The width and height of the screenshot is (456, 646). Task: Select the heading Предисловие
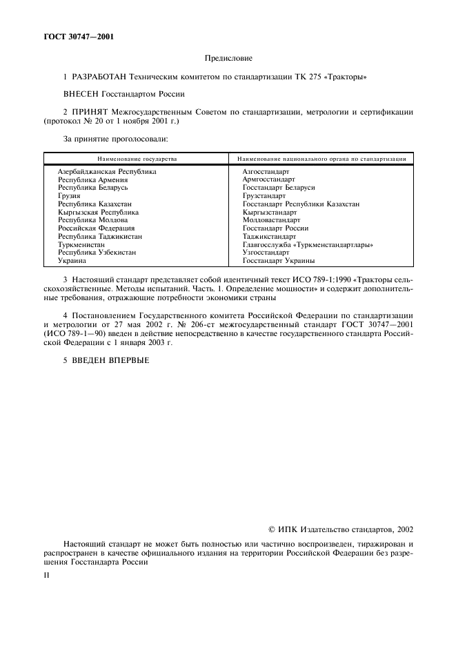(228, 59)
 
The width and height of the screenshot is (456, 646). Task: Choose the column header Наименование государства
(137, 159)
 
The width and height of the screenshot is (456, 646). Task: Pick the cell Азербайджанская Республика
(107, 171)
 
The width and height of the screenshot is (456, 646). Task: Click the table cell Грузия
(69, 196)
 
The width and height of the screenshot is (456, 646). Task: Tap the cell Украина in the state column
(72, 261)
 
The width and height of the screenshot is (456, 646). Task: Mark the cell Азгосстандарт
(266, 171)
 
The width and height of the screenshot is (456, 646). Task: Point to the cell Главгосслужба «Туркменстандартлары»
(308, 245)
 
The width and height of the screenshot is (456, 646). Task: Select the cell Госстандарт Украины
(278, 261)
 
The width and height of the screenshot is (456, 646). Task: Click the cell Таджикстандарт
(269, 237)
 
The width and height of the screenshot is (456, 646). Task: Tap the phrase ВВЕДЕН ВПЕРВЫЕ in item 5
(110, 361)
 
